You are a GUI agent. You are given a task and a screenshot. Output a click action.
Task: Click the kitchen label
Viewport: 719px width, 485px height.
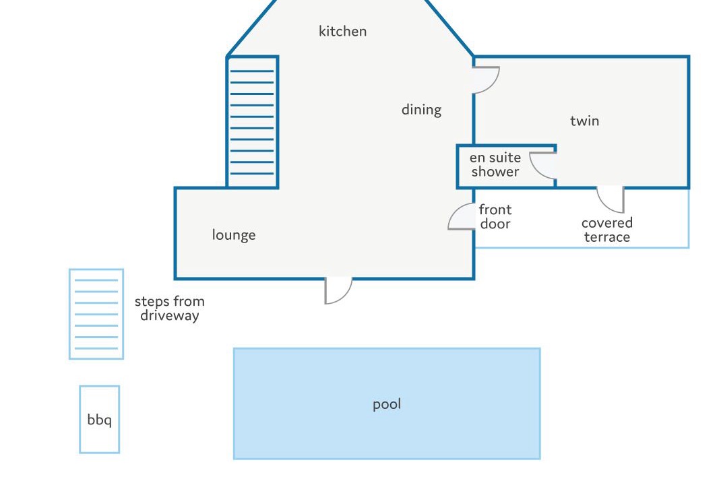pyautogui.click(x=342, y=31)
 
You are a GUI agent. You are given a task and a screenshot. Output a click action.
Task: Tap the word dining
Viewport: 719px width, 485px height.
pyautogui.click(x=421, y=110)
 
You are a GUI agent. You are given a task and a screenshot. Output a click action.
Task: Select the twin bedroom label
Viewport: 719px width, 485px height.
pyautogui.click(x=584, y=121)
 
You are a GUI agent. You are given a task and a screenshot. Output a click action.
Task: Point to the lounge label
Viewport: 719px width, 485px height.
pyautogui.click(x=234, y=235)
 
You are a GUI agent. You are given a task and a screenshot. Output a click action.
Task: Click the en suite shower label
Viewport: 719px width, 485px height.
pyautogui.click(x=495, y=164)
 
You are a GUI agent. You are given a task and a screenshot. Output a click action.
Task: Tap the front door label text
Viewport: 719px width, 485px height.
pyautogui.click(x=495, y=217)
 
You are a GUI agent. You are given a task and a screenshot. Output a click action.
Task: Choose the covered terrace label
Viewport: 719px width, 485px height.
pyautogui.click(x=606, y=230)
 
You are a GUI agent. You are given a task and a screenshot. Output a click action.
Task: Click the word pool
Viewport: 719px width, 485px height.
pyautogui.click(x=387, y=404)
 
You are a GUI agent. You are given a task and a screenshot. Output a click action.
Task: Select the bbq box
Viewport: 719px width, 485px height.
pyautogui.click(x=100, y=419)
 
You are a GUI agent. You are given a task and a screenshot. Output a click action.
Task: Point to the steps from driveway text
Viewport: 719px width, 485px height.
pyautogui.click(x=169, y=309)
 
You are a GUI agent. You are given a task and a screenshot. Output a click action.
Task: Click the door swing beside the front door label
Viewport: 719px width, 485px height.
pyautogui.click(x=463, y=218)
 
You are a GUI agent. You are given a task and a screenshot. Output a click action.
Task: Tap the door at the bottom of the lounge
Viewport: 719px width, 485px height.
pyautogui.click(x=338, y=290)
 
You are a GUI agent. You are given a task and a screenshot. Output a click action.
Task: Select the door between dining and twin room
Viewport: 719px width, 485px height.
pyautogui.click(x=484, y=79)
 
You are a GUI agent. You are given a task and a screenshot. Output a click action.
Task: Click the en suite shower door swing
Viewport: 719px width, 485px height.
pyautogui.click(x=543, y=165)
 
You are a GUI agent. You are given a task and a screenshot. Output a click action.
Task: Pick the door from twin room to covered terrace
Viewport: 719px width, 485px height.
pyautogui.click(x=611, y=199)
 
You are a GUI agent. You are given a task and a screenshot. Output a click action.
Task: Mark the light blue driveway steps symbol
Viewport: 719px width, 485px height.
pyautogui.click(x=96, y=314)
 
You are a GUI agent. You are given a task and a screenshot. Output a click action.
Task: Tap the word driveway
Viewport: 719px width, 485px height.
pyautogui.click(x=169, y=316)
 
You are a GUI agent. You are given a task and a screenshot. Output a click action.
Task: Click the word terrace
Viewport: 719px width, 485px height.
pyautogui.click(x=606, y=237)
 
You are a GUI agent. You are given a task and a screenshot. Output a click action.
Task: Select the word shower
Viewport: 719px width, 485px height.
pyautogui.click(x=495, y=172)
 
